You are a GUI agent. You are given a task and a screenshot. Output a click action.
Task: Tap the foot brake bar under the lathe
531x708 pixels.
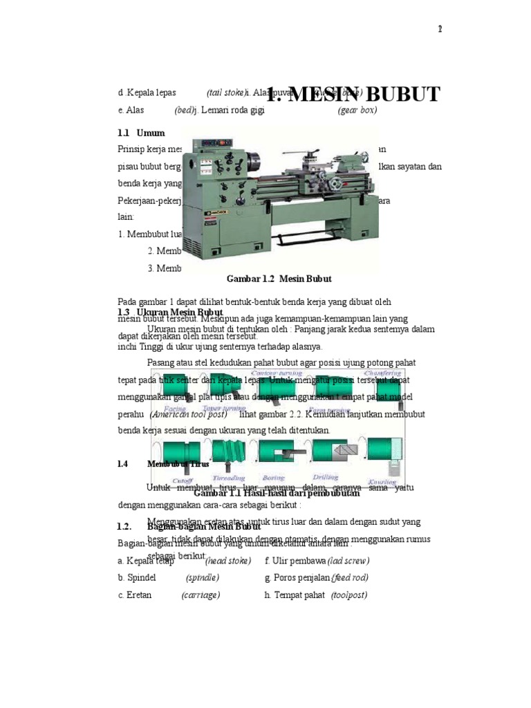pos(290,243)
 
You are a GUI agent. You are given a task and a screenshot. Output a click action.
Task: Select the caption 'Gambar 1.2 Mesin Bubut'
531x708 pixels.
pos(279,279)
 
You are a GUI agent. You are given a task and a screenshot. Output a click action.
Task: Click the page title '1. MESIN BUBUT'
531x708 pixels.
pos(353,95)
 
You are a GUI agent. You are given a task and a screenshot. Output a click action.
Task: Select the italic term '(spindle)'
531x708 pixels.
pos(202,577)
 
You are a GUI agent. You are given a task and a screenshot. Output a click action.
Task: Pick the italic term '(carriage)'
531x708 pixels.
pos(201,595)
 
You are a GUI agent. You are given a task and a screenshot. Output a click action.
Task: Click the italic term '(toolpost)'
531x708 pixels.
pos(349,595)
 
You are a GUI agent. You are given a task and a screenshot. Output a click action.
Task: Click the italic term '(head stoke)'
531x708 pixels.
pos(227,559)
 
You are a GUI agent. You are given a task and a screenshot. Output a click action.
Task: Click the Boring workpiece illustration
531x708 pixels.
pos(277,453)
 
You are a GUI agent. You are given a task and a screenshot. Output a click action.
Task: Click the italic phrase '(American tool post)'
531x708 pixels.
pos(189,414)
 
